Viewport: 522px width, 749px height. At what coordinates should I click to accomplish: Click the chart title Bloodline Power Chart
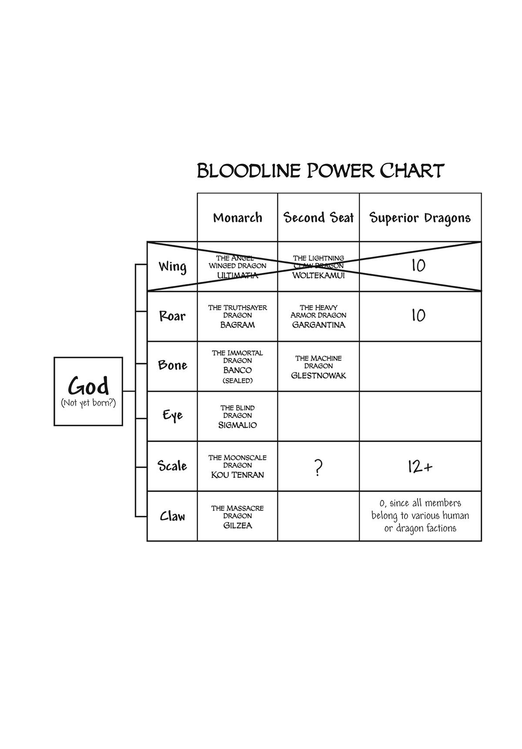[x=321, y=171]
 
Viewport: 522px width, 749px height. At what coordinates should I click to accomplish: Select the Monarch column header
[x=238, y=217]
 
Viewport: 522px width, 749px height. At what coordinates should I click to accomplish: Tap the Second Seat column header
[x=318, y=217]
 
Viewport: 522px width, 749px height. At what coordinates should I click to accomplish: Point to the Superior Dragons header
[x=420, y=217]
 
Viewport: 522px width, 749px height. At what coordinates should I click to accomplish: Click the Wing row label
[x=172, y=266]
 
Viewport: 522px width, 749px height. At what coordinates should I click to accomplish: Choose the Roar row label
[x=172, y=316]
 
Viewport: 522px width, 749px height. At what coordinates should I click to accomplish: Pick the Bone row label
[x=172, y=365]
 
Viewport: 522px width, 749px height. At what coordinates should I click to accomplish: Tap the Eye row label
[x=172, y=415]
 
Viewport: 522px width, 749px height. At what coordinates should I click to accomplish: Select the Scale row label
[x=172, y=466]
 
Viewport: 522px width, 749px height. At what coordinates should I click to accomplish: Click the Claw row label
[x=172, y=516]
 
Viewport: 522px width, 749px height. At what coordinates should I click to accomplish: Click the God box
[x=88, y=391]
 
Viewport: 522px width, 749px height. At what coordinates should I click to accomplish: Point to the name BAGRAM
[x=238, y=325]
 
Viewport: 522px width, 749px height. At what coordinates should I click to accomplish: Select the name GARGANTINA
[x=318, y=325]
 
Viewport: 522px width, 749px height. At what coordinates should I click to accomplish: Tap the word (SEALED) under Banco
[x=238, y=381]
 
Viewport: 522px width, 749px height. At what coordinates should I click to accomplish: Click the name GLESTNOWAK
[x=318, y=375]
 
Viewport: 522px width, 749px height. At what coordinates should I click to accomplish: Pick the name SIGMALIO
[x=238, y=425]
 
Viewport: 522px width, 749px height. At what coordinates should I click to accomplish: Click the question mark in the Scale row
[x=318, y=468]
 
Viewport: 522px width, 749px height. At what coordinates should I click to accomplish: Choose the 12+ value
[x=420, y=467]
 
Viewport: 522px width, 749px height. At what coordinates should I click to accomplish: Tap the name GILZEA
[x=238, y=525]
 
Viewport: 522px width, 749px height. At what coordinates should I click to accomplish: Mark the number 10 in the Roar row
[x=418, y=315]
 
